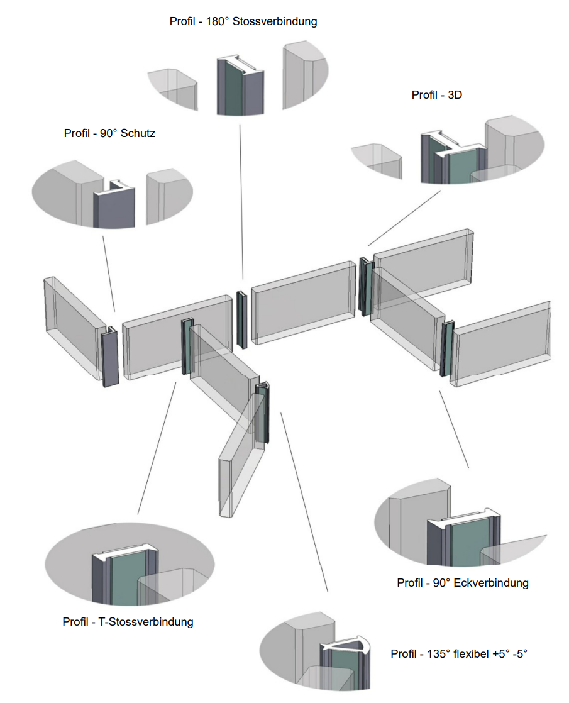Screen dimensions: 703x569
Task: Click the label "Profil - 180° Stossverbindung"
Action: (243, 21)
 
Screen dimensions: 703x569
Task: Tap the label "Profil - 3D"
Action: (436, 95)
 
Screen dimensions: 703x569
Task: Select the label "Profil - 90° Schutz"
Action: (109, 133)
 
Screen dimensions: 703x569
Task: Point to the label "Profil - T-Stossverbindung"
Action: (128, 622)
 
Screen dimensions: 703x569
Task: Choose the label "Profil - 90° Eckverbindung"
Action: (462, 583)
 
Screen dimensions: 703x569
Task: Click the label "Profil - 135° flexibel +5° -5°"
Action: (458, 654)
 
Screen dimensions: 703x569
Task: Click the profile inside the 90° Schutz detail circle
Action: (114, 204)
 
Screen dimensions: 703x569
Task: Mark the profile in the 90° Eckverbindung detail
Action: (463, 541)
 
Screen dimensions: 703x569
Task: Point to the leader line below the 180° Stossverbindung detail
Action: (241, 201)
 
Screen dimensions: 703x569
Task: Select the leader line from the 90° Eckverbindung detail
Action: (455, 430)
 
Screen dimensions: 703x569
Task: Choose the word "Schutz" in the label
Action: (138, 133)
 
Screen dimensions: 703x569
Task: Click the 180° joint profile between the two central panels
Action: (241, 319)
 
